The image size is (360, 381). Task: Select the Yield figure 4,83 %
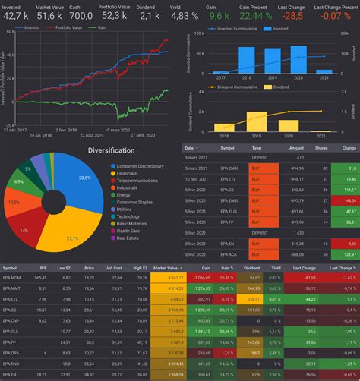[185, 15]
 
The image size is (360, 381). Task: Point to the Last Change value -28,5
[293, 15]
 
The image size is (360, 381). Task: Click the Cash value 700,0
[81, 15]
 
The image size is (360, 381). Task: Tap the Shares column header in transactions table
[322, 148]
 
